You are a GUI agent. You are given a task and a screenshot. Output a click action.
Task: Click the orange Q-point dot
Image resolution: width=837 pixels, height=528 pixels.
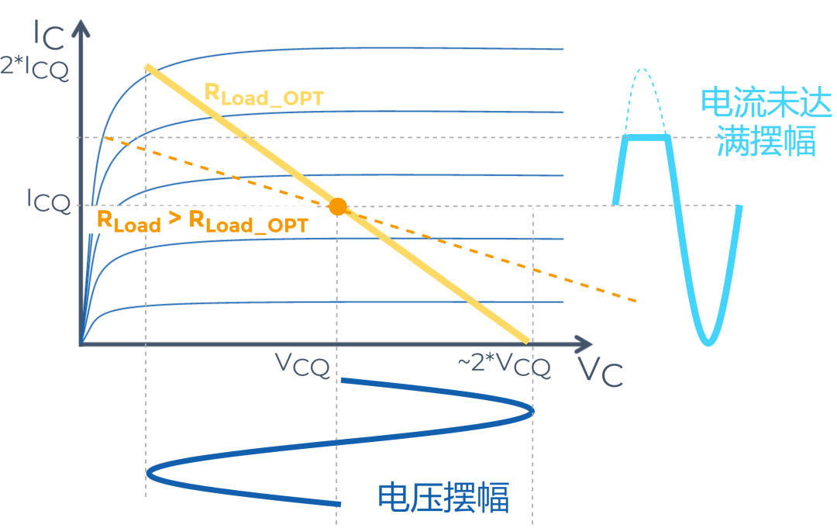click(337, 206)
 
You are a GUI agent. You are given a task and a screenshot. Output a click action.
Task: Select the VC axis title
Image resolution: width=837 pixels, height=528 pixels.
click(601, 373)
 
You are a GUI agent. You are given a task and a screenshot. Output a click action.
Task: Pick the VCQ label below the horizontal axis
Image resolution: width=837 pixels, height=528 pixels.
click(303, 364)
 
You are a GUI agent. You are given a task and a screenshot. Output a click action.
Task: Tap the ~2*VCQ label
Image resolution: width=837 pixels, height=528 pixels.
click(503, 364)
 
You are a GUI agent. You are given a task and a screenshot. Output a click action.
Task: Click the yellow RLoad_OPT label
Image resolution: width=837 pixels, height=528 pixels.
click(263, 95)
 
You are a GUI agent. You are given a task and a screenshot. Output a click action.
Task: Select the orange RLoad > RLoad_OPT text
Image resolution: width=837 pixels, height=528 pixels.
click(201, 221)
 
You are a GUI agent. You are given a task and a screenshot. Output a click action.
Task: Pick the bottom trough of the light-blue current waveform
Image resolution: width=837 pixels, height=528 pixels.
click(707, 342)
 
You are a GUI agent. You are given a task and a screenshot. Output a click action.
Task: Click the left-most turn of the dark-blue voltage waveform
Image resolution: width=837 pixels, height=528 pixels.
click(149, 471)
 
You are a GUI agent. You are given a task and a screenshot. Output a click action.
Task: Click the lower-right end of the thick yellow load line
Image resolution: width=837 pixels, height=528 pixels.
click(527, 339)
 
